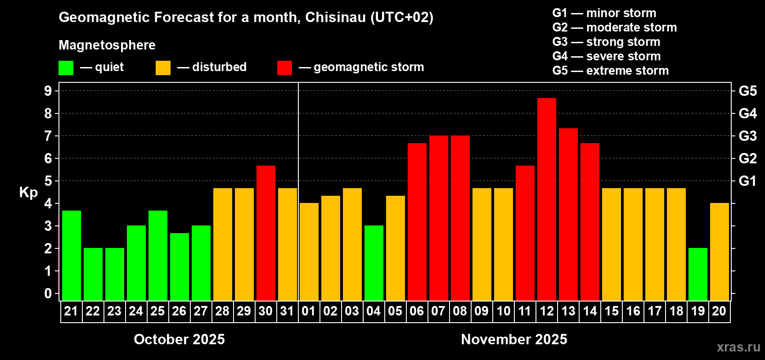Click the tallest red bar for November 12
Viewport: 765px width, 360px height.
point(546,199)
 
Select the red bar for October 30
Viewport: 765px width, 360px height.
point(265,233)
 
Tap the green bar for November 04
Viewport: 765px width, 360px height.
point(373,263)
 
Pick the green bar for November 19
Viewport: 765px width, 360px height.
point(697,274)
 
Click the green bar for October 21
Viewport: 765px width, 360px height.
point(72,256)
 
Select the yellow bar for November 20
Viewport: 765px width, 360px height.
point(719,252)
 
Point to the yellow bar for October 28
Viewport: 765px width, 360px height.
point(223,244)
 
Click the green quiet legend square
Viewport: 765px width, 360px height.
point(66,67)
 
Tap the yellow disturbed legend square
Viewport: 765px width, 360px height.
point(163,67)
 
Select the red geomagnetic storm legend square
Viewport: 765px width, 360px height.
point(284,67)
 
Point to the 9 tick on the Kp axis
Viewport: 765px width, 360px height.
point(48,91)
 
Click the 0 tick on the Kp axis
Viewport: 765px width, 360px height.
point(48,293)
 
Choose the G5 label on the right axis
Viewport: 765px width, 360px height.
point(747,91)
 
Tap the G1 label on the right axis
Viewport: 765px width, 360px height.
point(747,181)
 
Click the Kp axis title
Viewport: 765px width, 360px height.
point(28,192)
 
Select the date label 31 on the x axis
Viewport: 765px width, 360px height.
point(287,311)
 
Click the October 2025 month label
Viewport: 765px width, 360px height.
point(179,339)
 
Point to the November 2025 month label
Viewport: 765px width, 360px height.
point(514,339)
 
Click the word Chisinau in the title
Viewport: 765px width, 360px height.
point(335,17)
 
